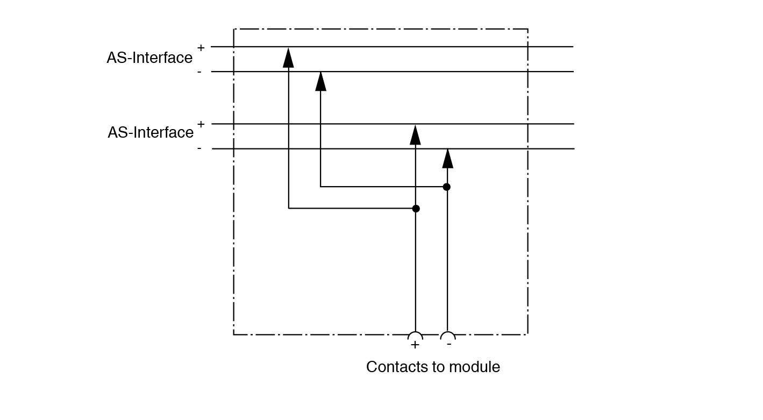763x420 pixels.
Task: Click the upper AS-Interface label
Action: coord(149,58)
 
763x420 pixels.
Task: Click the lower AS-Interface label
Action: coord(151,132)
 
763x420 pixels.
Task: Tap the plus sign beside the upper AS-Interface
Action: coord(201,48)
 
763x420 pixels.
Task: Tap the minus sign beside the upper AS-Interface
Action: coord(199,72)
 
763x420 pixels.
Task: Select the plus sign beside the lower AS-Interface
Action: coord(201,124)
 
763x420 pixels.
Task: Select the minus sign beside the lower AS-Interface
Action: coord(199,148)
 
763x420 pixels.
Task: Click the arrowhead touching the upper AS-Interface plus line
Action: coord(289,58)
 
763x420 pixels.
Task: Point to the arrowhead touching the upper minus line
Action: coord(321,81)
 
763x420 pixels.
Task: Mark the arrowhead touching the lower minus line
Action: coord(447,159)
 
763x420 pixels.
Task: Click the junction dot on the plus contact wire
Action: coord(416,209)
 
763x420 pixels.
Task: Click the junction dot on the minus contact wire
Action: coord(447,187)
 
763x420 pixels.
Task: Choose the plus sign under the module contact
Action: coord(415,345)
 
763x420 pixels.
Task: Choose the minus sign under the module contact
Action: coord(449,344)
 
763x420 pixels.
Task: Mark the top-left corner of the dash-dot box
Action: coord(234,29)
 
